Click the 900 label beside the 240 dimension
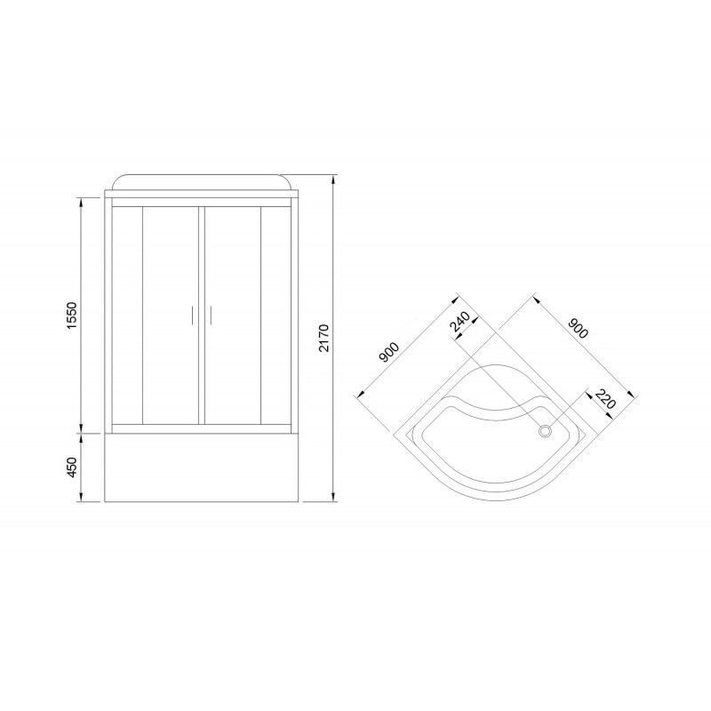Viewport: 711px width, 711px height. point(388,352)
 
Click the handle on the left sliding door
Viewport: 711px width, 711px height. point(193,316)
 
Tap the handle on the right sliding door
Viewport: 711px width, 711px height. point(212,316)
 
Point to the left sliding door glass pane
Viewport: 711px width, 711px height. point(172,316)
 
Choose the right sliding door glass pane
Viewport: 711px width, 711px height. point(233,316)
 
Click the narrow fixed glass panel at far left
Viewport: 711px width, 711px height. point(124,316)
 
